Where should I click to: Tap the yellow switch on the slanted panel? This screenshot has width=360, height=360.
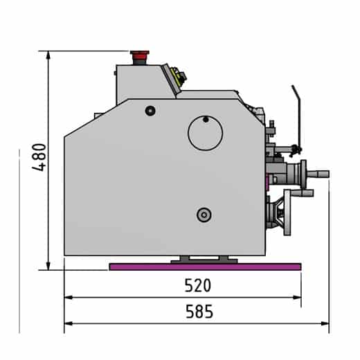coord(178,78)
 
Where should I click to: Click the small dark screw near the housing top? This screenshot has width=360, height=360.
coord(150,111)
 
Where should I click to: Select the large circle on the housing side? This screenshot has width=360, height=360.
coord(206,132)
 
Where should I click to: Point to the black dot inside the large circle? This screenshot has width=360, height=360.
coord(205,119)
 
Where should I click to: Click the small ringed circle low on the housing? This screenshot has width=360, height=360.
coord(204,215)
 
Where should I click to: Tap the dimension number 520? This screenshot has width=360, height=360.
coord(197,285)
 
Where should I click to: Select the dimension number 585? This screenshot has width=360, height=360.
coord(199,312)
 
